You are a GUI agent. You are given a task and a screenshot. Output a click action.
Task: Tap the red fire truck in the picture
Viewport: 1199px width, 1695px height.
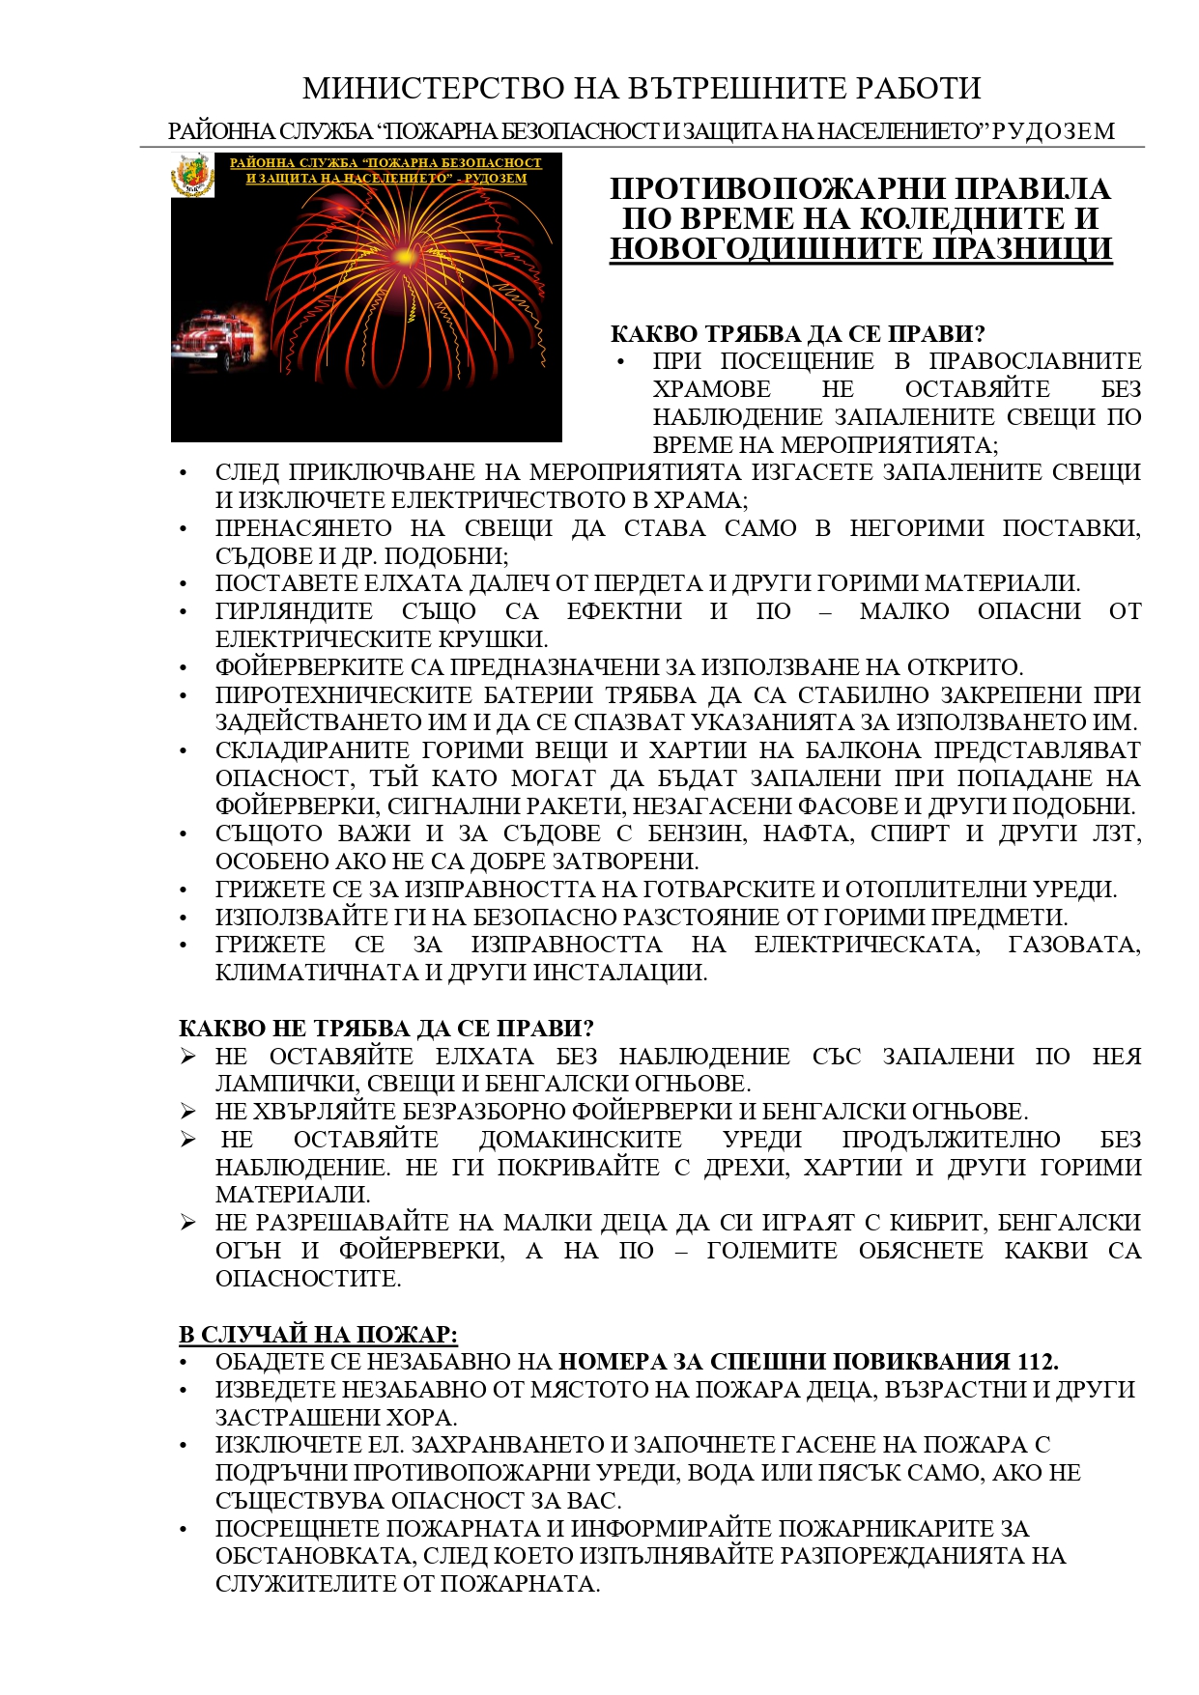click(214, 338)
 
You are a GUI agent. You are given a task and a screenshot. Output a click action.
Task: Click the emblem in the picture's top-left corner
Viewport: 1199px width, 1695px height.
click(192, 175)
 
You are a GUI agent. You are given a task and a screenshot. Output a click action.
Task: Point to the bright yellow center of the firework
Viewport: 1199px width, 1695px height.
click(402, 257)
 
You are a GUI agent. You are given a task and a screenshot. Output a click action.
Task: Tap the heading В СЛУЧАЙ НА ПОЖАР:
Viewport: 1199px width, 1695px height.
click(318, 1334)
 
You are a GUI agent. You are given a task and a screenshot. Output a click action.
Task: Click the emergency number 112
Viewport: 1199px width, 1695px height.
click(1036, 1362)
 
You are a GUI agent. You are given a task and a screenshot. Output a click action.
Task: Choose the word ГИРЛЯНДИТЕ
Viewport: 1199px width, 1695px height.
click(294, 611)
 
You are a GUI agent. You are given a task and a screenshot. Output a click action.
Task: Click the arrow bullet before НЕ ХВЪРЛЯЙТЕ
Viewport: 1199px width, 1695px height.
click(188, 1112)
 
